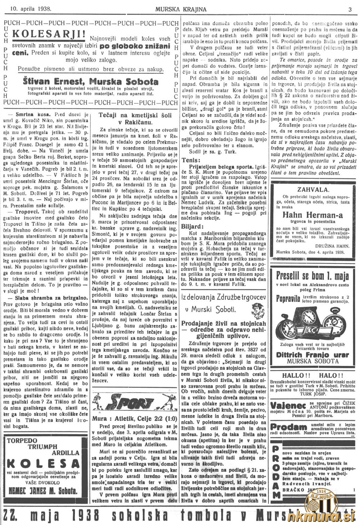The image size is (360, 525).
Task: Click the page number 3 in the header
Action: (x=350, y=9)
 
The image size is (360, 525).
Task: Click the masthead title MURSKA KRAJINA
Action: (x=181, y=9)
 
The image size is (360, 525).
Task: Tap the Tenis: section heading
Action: (x=191, y=160)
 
